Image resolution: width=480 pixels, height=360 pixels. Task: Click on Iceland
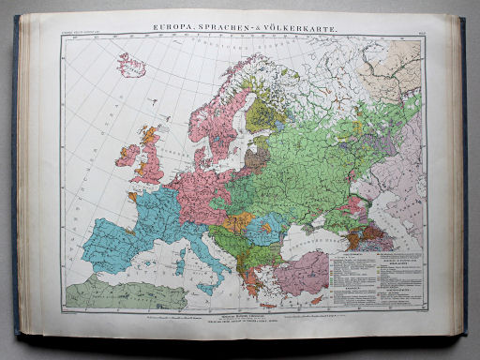tap(130, 67)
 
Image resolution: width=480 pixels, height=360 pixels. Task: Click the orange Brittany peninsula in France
tap(132, 198)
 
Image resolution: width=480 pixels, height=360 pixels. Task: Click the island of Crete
tap(269, 304)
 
